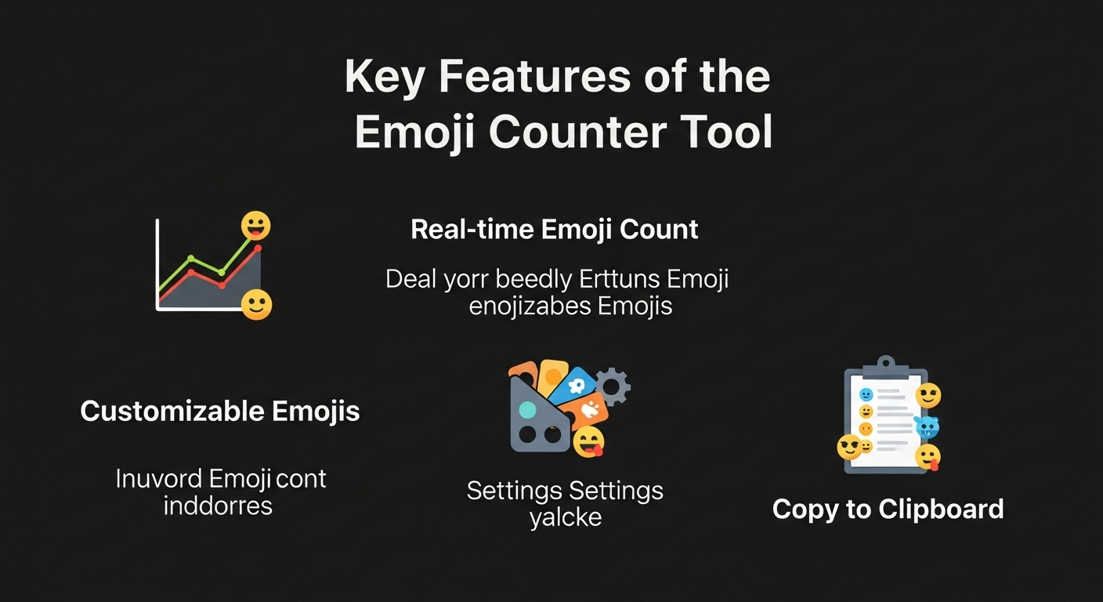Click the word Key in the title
click(384, 78)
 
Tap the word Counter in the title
click(577, 132)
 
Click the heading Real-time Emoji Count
click(555, 230)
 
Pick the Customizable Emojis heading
click(220, 411)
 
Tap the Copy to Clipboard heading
click(888, 510)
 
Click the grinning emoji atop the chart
click(255, 226)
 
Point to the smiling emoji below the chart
click(256, 304)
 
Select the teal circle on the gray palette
click(527, 409)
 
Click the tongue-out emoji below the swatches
click(589, 442)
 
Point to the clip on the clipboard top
click(886, 364)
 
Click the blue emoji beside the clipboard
click(927, 426)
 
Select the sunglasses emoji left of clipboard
click(849, 448)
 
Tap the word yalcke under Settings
click(566, 518)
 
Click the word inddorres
click(218, 506)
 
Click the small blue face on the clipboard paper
click(866, 394)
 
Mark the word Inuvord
click(159, 479)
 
